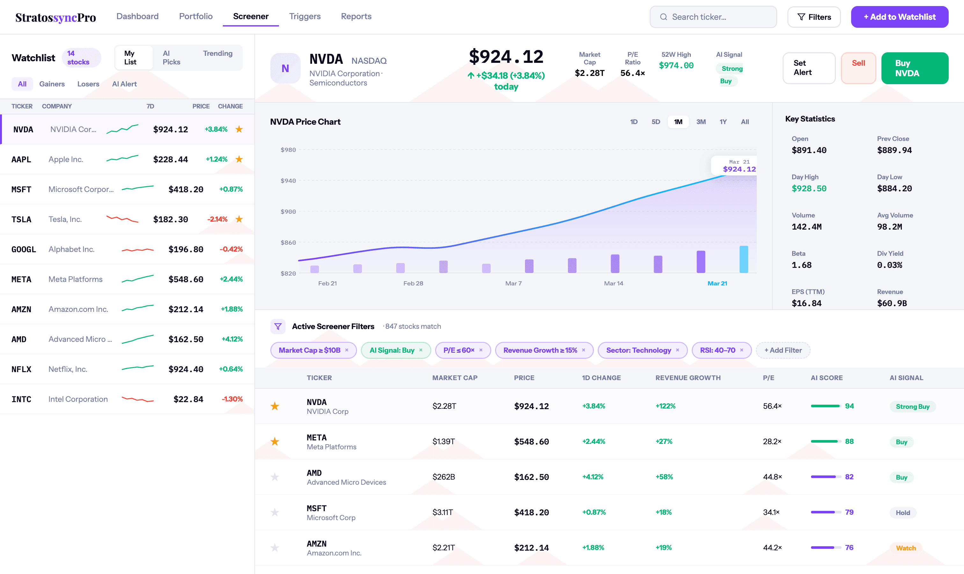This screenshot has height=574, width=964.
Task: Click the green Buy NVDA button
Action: click(x=914, y=68)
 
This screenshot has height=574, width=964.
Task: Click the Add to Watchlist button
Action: click(x=899, y=17)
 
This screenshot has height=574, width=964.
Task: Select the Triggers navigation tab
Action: click(x=305, y=16)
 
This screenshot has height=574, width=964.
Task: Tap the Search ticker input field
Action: click(x=713, y=17)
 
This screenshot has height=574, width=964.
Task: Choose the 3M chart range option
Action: click(x=701, y=122)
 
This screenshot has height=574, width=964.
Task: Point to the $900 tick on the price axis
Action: click(x=288, y=211)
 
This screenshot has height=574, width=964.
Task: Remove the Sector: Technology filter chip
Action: click(x=677, y=350)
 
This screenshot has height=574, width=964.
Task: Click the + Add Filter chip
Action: click(x=783, y=350)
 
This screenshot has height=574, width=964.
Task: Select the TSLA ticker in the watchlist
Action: click(x=21, y=219)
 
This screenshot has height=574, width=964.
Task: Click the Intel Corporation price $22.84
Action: click(x=188, y=399)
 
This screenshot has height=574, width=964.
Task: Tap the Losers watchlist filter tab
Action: click(x=88, y=84)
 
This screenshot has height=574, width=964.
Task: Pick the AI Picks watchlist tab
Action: click(x=171, y=58)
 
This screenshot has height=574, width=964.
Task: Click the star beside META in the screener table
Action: click(x=274, y=441)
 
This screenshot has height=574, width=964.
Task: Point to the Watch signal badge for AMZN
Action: click(x=906, y=548)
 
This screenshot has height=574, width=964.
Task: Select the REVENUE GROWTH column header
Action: click(x=688, y=378)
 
